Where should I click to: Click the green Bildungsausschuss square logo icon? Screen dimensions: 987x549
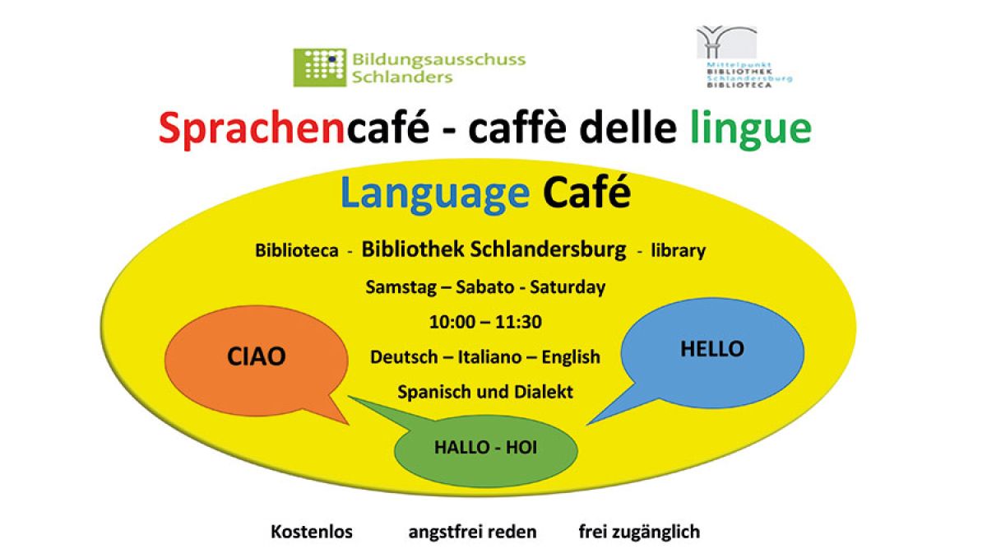pos(320,67)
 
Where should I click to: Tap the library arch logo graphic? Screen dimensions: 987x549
pos(726,42)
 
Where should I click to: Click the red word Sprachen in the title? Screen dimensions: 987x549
pos(252,128)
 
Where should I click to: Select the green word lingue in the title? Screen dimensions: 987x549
pos(750,128)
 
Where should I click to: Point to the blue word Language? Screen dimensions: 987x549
pos(435,194)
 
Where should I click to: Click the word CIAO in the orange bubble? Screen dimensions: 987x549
pos(257,356)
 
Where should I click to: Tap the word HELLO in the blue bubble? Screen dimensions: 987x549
pos(712,349)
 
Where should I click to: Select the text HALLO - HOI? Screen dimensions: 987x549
pos(485,448)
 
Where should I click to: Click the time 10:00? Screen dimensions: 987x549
pos(452,322)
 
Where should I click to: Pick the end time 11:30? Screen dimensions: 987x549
pos(519,322)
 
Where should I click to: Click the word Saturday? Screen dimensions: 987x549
pos(568,287)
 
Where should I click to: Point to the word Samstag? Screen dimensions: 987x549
pos(401,287)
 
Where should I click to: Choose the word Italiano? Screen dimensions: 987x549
pos(489,356)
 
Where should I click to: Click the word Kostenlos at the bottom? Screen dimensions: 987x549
pos(312,532)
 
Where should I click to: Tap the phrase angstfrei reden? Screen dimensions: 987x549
pos(472,533)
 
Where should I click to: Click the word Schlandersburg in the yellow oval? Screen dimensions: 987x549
pos(548,249)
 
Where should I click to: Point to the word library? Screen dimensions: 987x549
pos(678,251)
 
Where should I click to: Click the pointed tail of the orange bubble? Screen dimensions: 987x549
pos(348,424)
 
